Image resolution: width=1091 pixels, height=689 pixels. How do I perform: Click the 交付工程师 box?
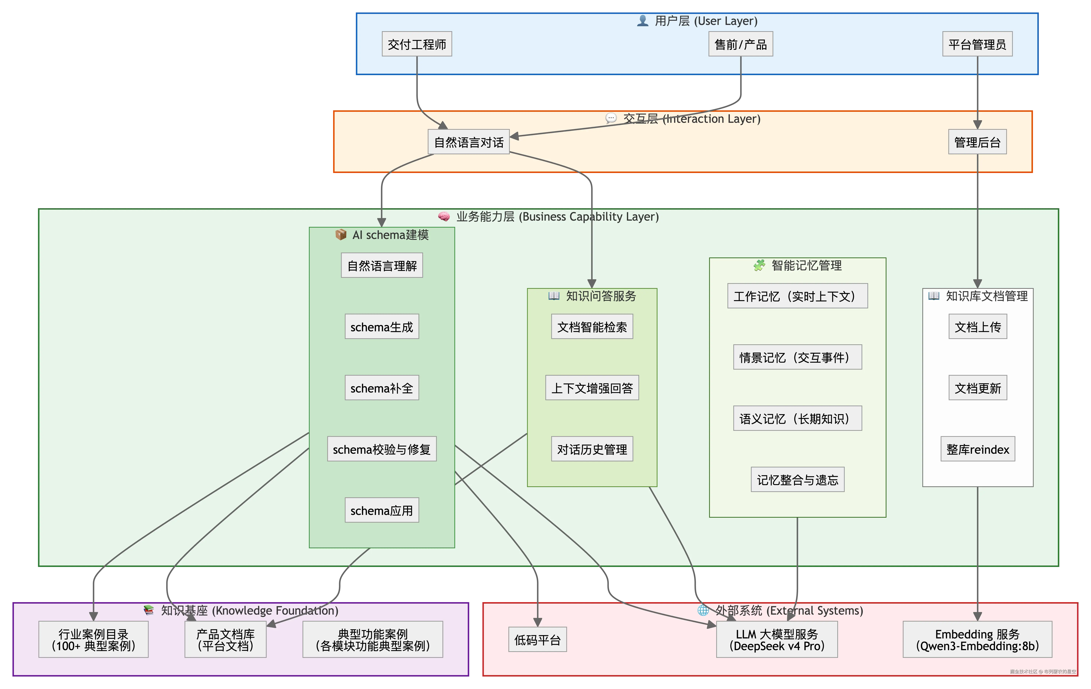point(417,44)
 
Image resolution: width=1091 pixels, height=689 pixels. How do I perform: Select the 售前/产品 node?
point(741,44)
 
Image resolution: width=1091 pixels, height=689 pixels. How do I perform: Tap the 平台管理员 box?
point(977,44)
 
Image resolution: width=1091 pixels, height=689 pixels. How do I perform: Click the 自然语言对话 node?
point(469,142)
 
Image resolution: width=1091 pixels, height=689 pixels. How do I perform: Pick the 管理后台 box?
point(977,142)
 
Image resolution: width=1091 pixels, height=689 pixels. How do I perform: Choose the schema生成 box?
point(382,326)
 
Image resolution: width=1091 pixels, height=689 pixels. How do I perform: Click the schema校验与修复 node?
point(382,449)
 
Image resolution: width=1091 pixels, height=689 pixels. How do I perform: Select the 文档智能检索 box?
point(592,326)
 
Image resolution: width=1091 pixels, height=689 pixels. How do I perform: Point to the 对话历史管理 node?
point(592,449)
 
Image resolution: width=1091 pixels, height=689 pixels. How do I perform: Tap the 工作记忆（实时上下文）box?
point(797,296)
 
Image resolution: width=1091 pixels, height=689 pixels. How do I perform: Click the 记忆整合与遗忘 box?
point(797,480)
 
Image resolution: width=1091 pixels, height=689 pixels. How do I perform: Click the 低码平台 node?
point(537,640)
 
